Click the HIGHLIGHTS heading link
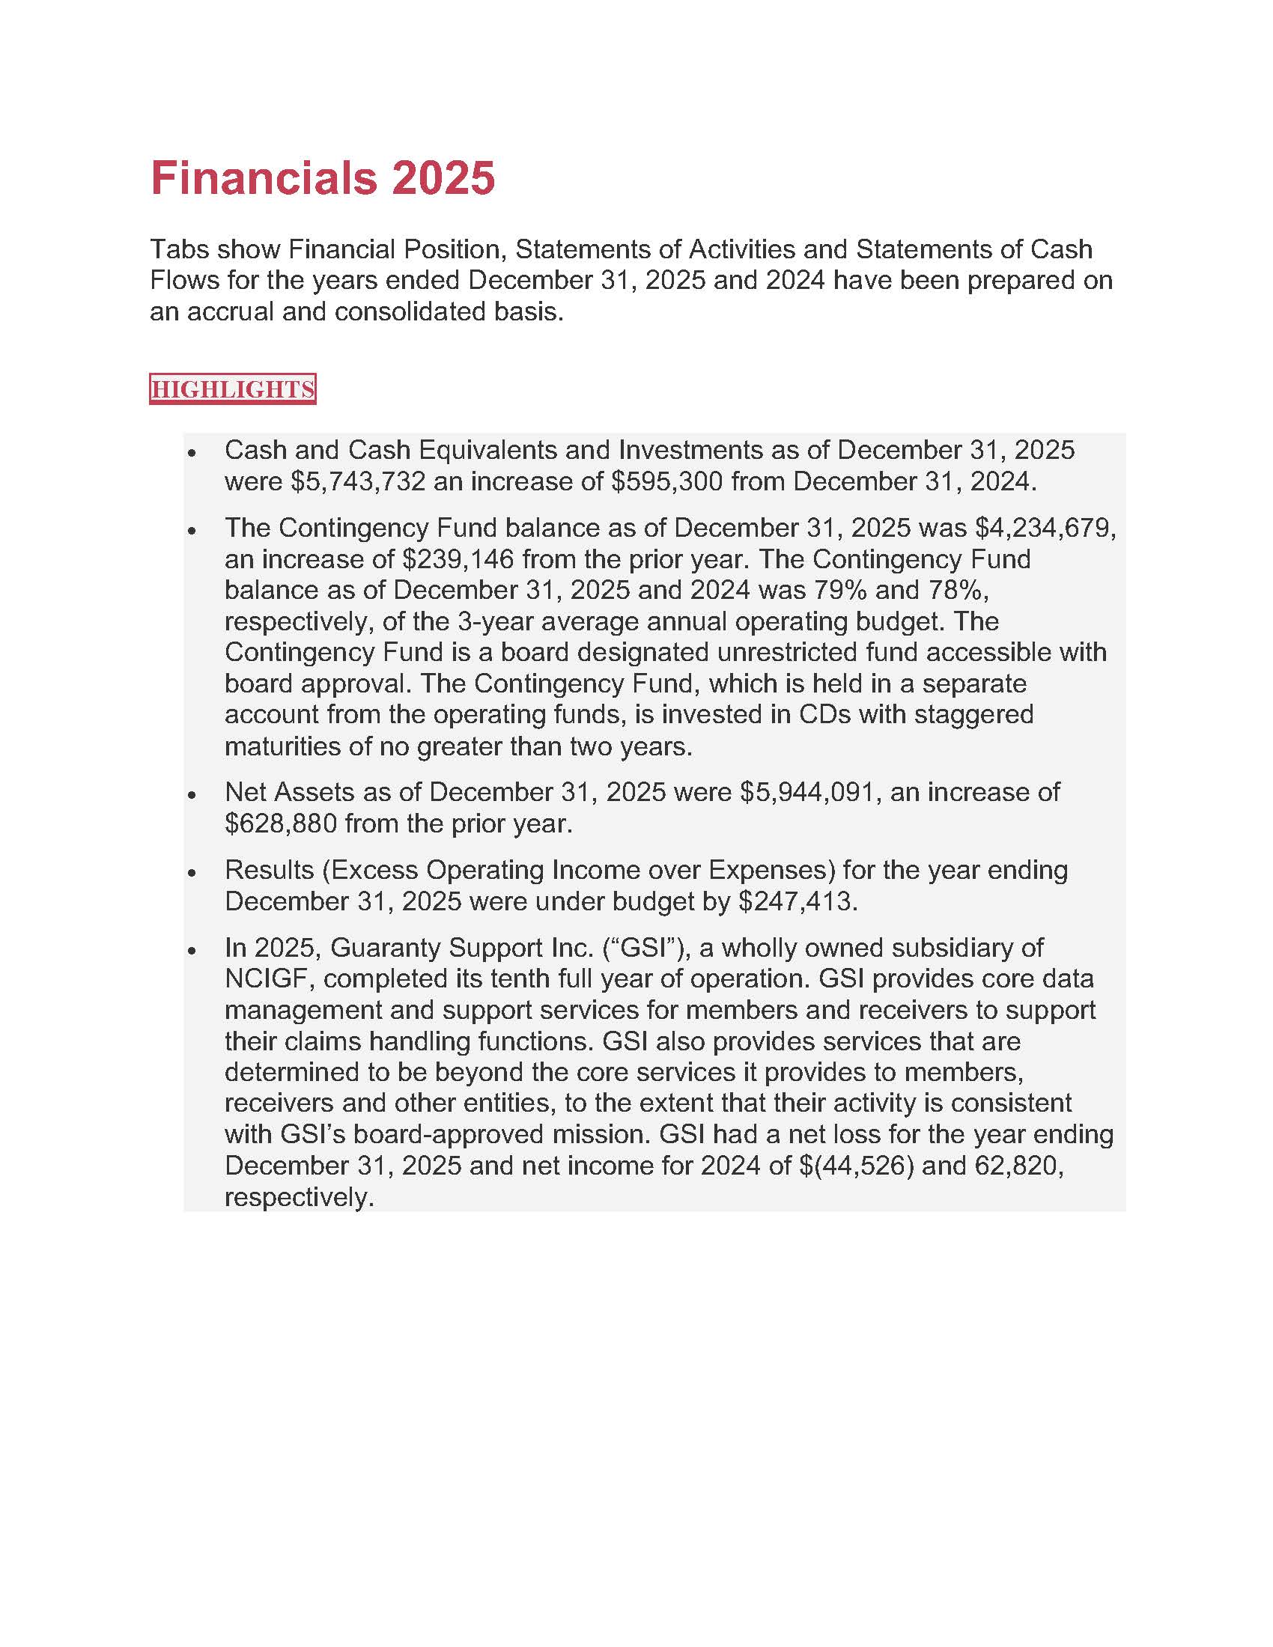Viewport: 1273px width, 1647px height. pyautogui.click(x=232, y=389)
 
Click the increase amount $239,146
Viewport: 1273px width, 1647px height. pyautogui.click(x=458, y=558)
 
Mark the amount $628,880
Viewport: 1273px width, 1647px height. pyautogui.click(x=281, y=823)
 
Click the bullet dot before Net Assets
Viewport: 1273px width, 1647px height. pyautogui.click(x=192, y=794)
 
